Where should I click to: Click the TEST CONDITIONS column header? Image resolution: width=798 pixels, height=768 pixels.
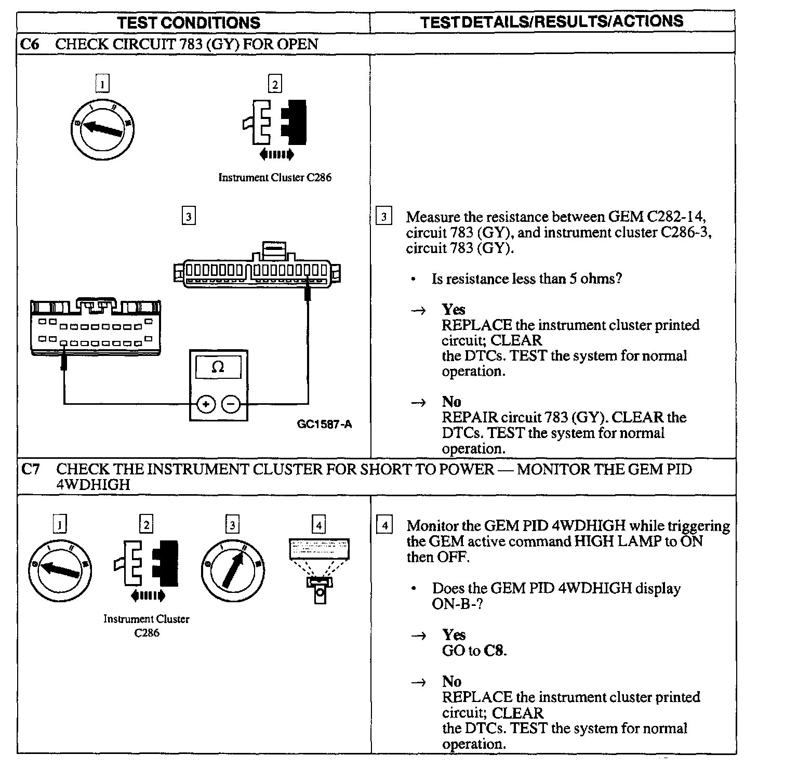(x=189, y=22)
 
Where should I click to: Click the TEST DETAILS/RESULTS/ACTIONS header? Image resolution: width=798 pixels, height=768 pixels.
(x=551, y=21)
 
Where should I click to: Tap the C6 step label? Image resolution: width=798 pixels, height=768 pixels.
(x=29, y=44)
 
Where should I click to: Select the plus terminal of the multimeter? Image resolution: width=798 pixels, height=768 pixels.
(x=206, y=404)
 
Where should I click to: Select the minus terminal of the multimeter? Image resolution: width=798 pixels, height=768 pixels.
(x=231, y=404)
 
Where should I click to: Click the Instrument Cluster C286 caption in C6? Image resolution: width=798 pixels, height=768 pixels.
(x=274, y=177)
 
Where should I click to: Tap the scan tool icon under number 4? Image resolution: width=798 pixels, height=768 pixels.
(x=319, y=569)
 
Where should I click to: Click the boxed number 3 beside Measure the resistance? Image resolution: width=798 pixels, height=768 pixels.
(x=383, y=217)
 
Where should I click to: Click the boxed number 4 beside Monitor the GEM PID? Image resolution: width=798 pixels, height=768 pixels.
(x=384, y=526)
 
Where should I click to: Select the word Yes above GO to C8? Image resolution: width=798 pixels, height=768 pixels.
(x=454, y=634)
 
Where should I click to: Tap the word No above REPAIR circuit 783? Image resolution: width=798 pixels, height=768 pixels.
(x=451, y=402)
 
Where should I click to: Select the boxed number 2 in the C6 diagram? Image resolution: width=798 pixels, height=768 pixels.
(x=274, y=84)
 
